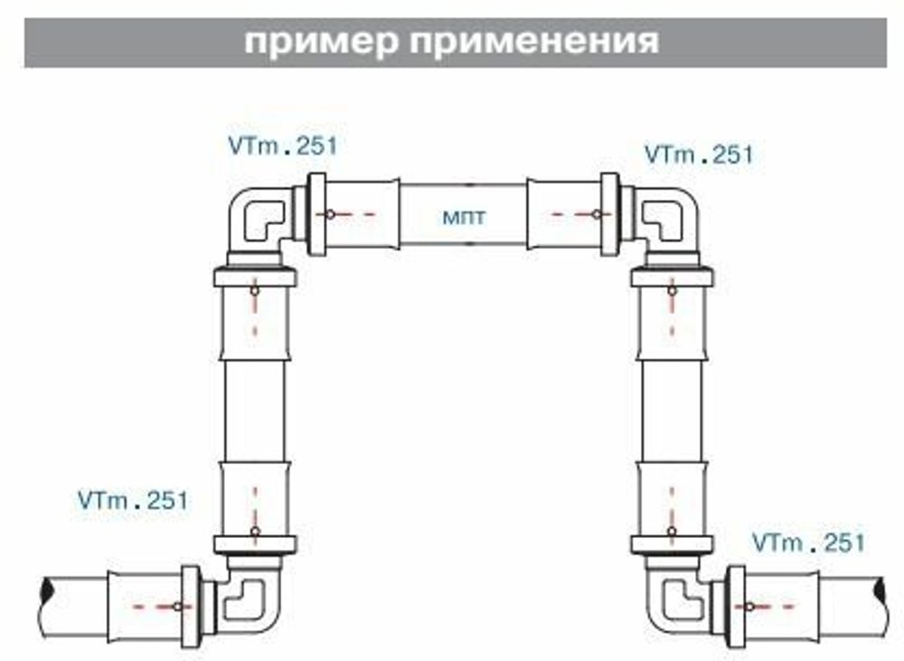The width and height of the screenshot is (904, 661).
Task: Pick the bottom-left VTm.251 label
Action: click(x=133, y=500)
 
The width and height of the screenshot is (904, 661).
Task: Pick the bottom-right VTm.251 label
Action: click(x=808, y=543)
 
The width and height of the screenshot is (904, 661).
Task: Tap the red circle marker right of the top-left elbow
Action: click(x=331, y=214)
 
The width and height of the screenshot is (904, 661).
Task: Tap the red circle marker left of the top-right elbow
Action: click(x=596, y=214)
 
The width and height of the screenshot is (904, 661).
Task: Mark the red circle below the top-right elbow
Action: click(x=672, y=290)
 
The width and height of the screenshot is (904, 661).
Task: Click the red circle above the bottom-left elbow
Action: click(x=255, y=531)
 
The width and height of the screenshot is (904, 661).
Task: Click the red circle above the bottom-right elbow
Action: click(x=672, y=531)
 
